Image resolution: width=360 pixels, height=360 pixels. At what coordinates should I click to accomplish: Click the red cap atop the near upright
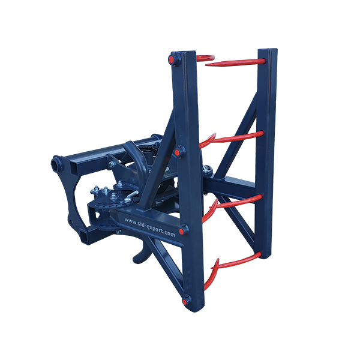click(171, 59)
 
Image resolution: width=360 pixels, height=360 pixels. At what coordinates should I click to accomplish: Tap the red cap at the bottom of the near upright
click(185, 301)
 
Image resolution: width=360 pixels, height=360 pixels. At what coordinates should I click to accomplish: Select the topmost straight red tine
click(235, 62)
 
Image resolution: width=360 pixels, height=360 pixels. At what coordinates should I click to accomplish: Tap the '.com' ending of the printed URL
click(169, 233)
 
